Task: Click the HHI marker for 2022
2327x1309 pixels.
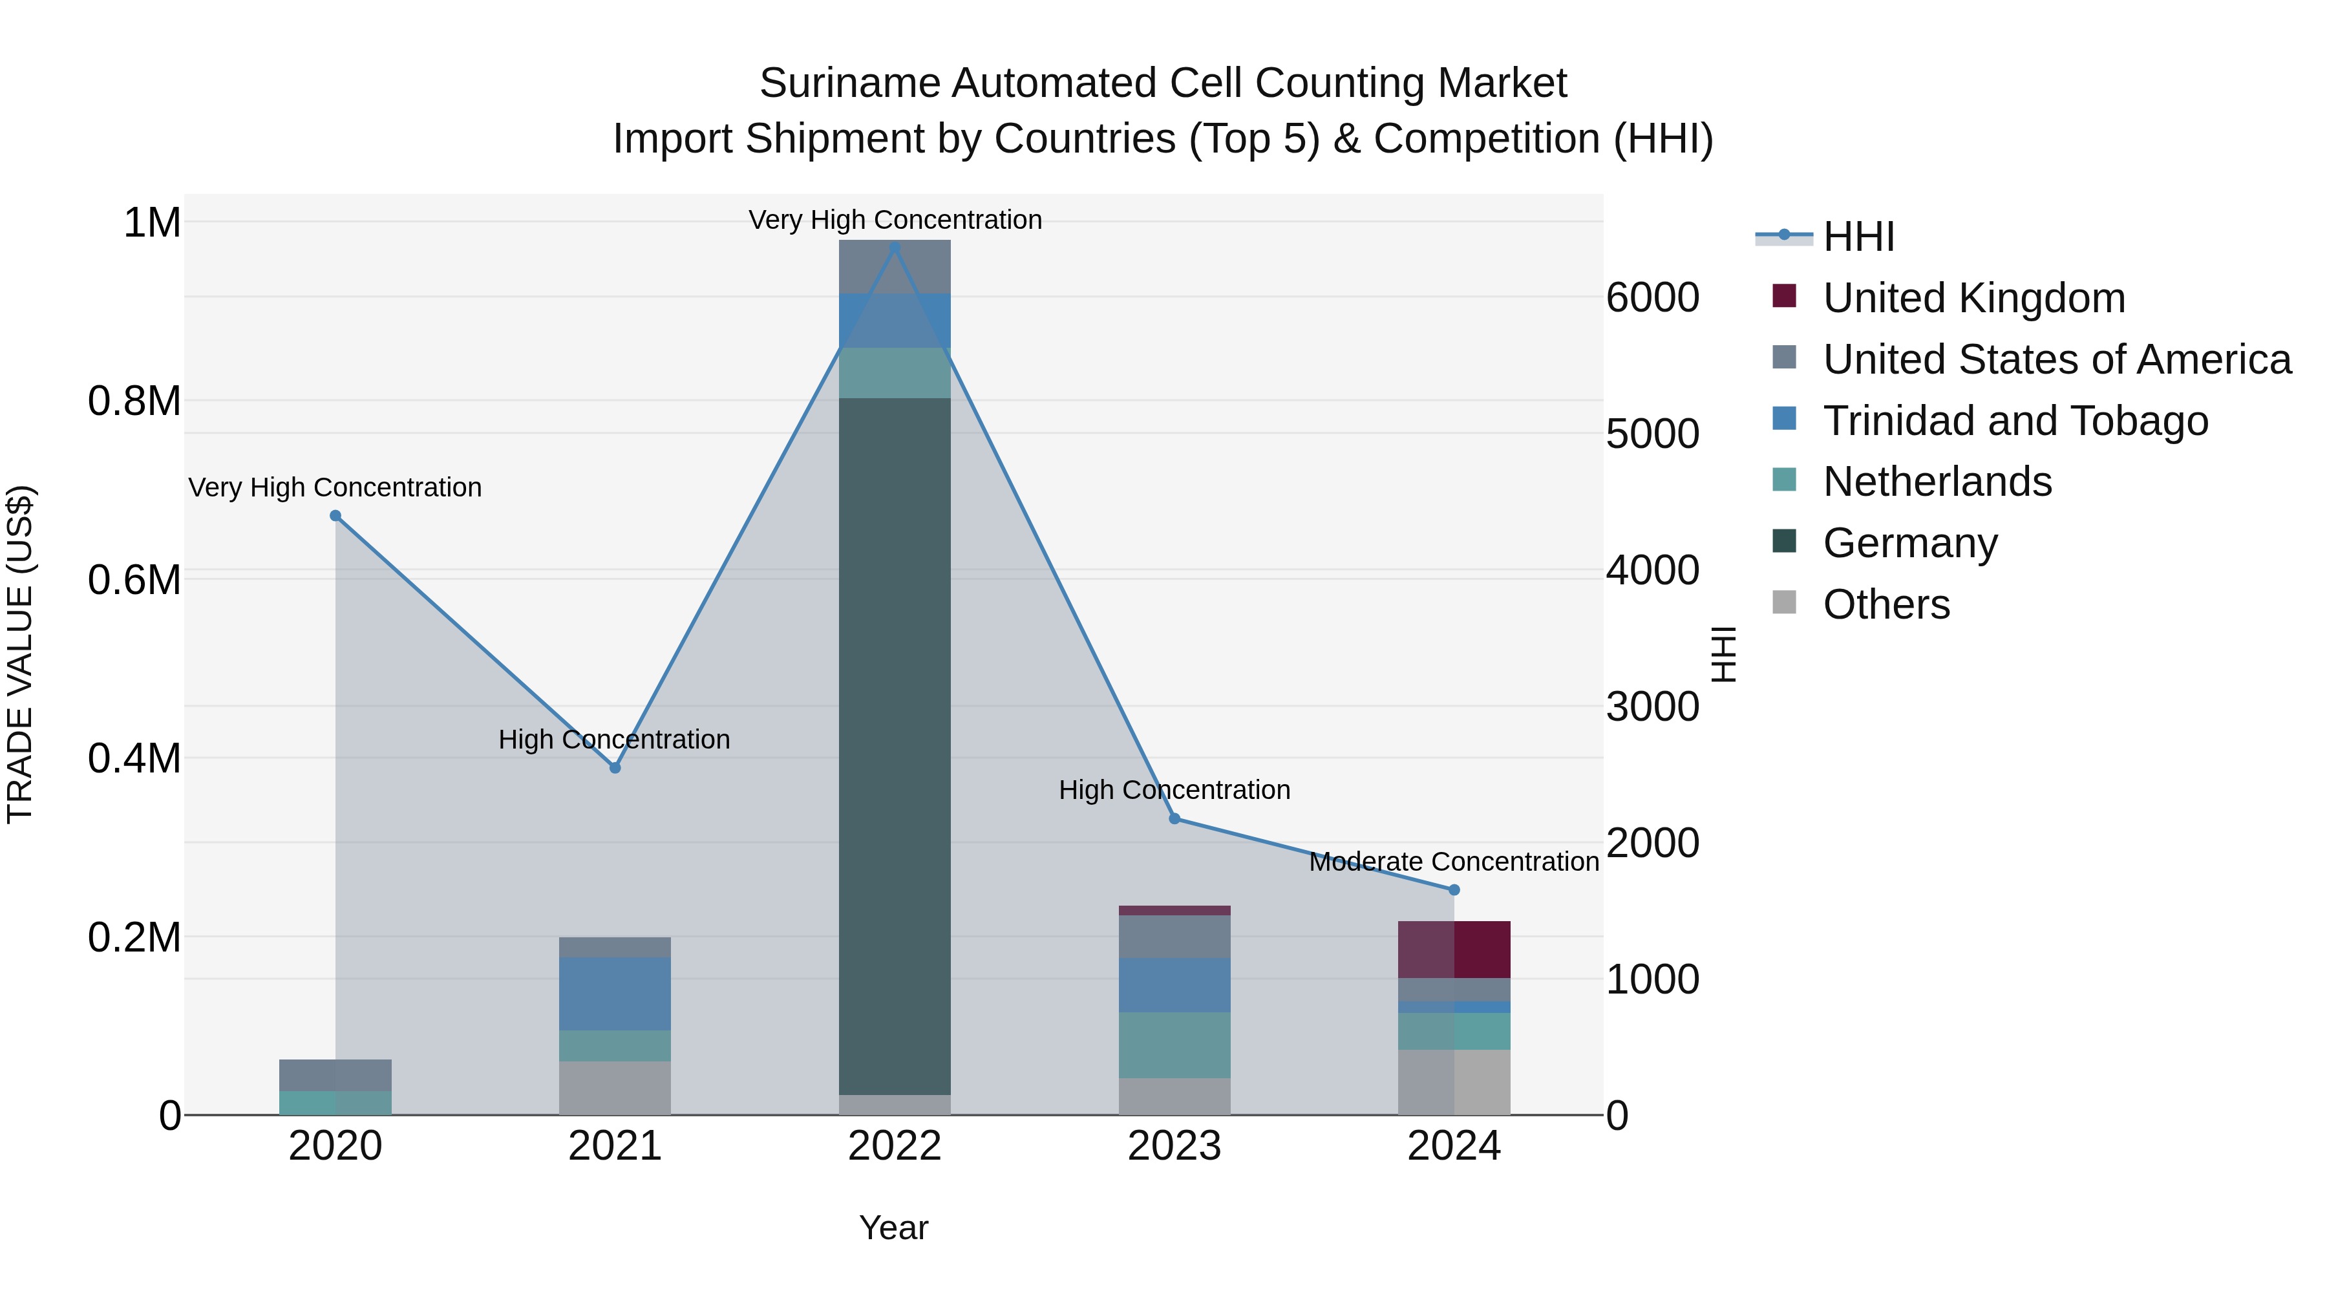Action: (895, 247)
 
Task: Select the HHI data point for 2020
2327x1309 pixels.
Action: (335, 516)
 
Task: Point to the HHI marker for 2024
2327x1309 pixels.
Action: (1454, 890)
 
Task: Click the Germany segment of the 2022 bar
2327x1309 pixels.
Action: (895, 745)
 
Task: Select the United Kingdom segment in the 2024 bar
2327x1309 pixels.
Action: (1454, 950)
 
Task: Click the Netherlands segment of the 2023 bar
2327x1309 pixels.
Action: (1174, 1045)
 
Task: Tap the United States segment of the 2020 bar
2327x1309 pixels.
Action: (335, 1075)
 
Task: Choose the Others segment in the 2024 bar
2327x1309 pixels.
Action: (1454, 1082)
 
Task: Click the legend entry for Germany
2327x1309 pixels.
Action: (1909, 543)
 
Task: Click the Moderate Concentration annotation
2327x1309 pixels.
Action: (1454, 862)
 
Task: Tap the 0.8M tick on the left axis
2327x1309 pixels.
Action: (134, 401)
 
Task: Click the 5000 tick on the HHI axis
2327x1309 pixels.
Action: (1652, 434)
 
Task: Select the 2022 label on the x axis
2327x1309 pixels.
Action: (895, 1146)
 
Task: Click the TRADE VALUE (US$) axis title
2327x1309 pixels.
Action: (20, 654)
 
